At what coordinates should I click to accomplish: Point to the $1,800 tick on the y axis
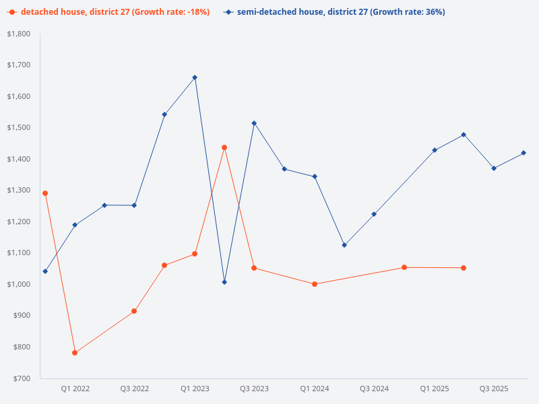click(x=20, y=34)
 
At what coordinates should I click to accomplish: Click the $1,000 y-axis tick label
click(x=20, y=284)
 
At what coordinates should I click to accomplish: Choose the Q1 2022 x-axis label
click(x=75, y=389)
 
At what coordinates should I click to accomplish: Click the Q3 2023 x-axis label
click(x=255, y=389)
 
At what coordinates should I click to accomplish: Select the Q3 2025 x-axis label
click(x=494, y=389)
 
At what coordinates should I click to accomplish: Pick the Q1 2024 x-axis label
click(x=315, y=389)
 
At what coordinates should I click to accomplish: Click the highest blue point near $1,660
click(x=195, y=77)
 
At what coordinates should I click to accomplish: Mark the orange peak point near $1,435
click(x=224, y=147)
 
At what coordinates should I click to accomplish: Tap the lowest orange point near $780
click(x=75, y=353)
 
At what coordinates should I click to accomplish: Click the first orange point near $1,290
click(x=45, y=193)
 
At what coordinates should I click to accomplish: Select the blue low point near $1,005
click(x=224, y=282)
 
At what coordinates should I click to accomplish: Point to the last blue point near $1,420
click(x=524, y=153)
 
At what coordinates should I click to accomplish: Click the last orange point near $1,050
click(x=464, y=268)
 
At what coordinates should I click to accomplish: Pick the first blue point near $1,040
click(x=45, y=271)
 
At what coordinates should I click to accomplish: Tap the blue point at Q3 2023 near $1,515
click(x=254, y=123)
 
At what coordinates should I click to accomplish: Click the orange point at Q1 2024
click(x=315, y=284)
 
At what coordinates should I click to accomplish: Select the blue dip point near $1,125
click(x=344, y=245)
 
